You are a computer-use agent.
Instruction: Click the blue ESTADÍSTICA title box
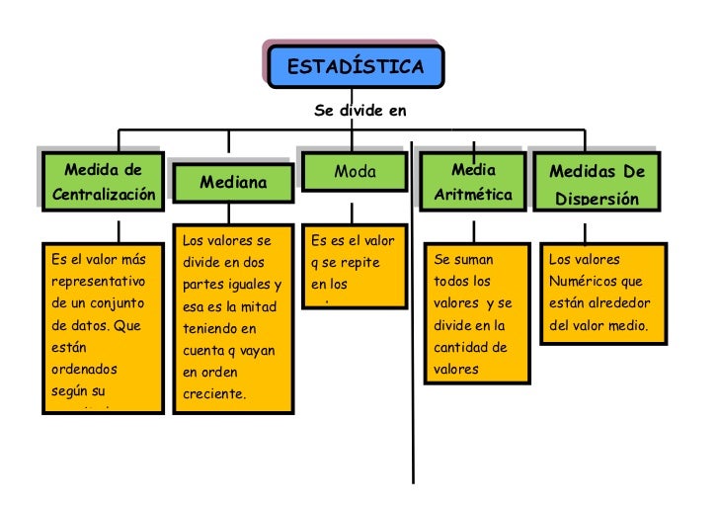coord(356,67)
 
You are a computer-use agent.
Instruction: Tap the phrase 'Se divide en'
coord(359,111)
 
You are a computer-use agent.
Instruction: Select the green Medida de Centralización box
coord(104,182)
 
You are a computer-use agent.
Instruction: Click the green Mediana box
coord(233,183)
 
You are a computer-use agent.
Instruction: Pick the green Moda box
coord(355,172)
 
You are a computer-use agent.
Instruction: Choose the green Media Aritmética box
coord(473,182)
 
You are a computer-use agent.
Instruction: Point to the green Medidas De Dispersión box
coord(597,184)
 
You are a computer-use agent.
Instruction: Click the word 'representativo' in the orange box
coord(98,282)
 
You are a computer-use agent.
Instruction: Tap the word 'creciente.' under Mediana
coord(213,394)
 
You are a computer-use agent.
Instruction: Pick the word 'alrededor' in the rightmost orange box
coord(622,303)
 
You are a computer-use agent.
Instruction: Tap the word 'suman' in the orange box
coord(474,260)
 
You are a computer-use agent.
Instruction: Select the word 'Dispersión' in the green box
coord(597,199)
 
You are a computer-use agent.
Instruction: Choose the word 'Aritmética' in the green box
coord(473,195)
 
